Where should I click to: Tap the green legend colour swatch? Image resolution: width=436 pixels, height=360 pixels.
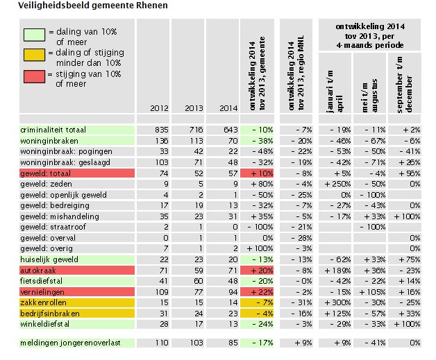[x=33, y=33]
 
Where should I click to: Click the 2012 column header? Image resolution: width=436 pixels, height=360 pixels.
[x=159, y=108]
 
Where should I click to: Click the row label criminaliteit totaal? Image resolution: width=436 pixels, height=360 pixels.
[x=53, y=130]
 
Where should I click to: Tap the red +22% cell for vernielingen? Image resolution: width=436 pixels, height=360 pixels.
[x=262, y=291]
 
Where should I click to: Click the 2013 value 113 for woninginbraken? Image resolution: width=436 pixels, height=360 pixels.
[x=192, y=140]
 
